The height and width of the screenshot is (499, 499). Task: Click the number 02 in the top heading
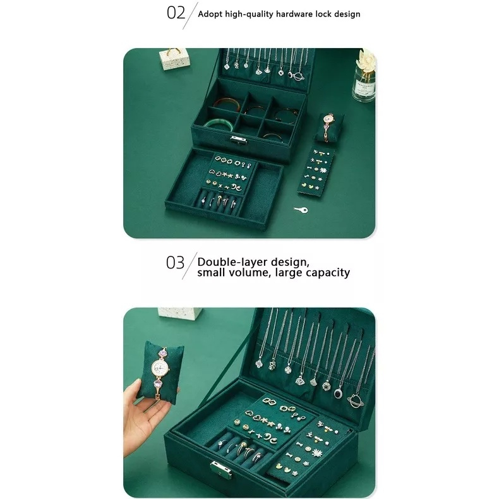click(x=176, y=13)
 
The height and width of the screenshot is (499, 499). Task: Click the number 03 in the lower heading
click(x=175, y=263)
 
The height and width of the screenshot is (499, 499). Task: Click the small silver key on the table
click(x=301, y=210)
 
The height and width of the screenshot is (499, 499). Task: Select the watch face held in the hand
click(x=159, y=368)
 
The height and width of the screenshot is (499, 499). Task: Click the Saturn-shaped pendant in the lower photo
click(x=355, y=400)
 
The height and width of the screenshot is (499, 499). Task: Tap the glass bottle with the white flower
click(x=364, y=76)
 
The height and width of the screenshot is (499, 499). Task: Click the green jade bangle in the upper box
click(x=217, y=125)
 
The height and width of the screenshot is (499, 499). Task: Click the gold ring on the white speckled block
click(x=174, y=51)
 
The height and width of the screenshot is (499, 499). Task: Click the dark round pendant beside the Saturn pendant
click(x=338, y=394)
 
